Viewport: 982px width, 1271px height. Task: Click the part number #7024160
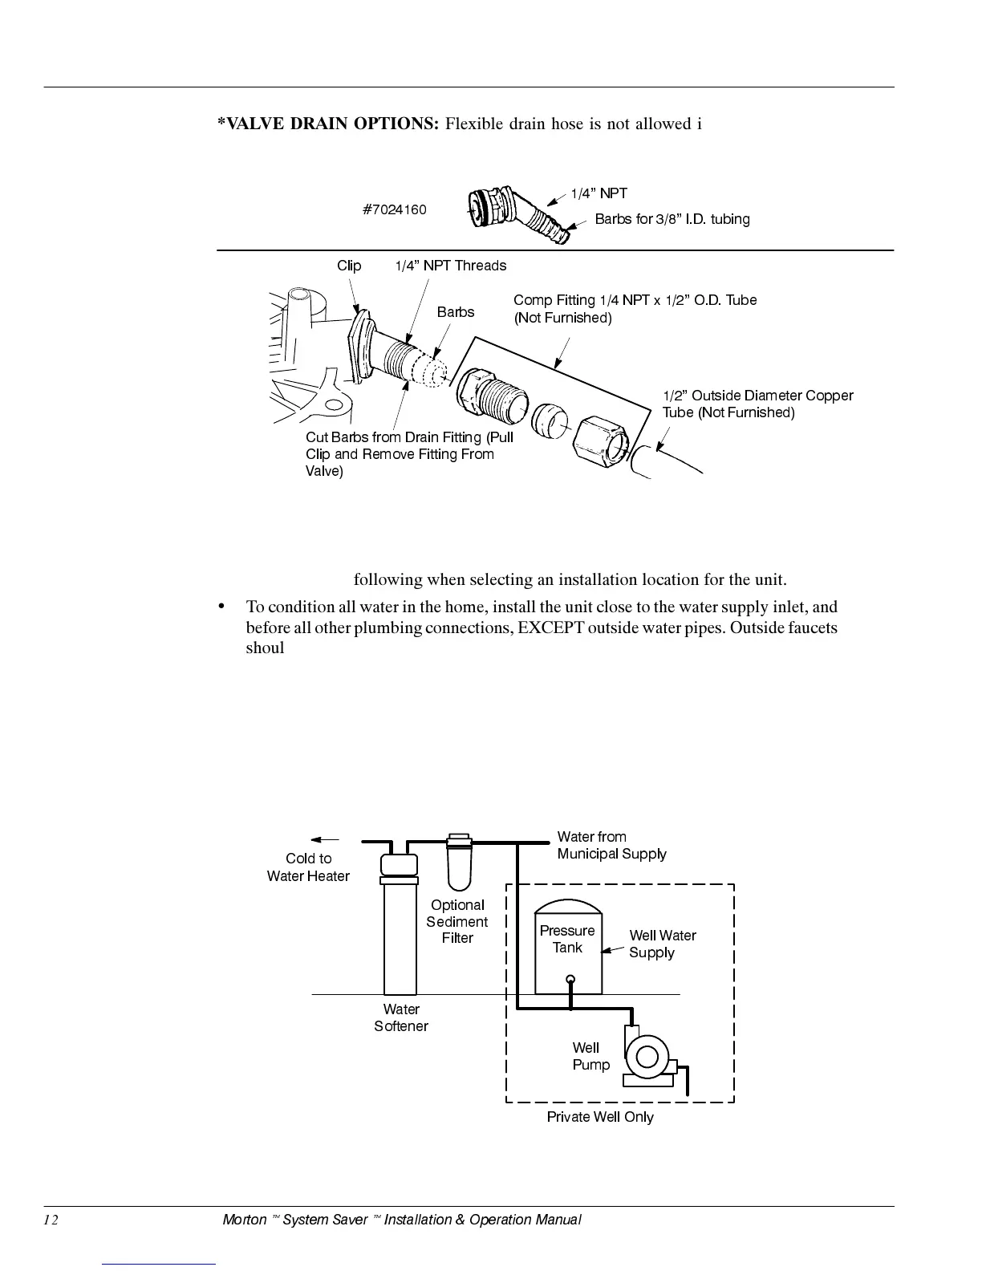(x=394, y=209)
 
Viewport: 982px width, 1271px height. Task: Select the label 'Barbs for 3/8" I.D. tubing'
(x=672, y=219)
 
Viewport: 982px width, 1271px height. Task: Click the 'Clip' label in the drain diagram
(x=349, y=266)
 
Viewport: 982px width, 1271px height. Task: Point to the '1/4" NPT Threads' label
(x=450, y=266)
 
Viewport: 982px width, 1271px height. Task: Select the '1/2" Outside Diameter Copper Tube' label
(x=757, y=404)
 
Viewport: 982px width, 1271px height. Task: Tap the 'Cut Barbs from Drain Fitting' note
(x=409, y=454)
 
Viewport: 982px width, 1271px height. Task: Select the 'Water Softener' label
(x=401, y=1017)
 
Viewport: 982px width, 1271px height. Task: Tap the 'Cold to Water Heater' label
(x=308, y=867)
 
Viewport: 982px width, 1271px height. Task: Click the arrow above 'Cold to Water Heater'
(x=324, y=839)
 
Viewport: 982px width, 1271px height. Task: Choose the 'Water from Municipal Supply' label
(x=611, y=846)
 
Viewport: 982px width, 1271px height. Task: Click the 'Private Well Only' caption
(x=600, y=1117)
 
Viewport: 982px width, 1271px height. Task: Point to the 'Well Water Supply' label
(x=662, y=944)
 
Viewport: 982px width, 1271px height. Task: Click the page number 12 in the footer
(x=51, y=1220)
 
